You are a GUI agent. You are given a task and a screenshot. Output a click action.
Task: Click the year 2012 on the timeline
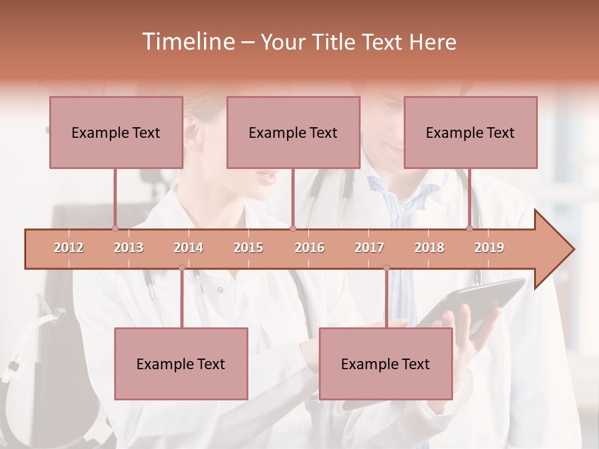pos(69,248)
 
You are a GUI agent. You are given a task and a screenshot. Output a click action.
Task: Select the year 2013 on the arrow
pos(129,248)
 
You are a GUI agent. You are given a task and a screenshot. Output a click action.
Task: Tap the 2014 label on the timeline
pos(188,248)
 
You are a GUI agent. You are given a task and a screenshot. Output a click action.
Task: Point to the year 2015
pos(248,248)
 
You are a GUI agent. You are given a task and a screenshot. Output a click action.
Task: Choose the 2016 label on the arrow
pos(309,248)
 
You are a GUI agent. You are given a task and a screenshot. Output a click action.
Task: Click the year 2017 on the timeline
pos(369,248)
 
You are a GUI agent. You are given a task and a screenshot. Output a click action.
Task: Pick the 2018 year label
pos(429,248)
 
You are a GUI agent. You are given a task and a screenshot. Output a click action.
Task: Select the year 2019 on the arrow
pos(489,248)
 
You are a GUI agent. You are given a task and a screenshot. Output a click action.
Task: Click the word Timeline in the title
pos(187,42)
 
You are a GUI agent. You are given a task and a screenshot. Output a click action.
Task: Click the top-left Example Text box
pos(116,132)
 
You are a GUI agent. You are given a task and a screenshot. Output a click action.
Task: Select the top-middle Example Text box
pos(293,132)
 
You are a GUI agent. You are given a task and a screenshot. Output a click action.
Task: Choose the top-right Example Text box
pos(470,132)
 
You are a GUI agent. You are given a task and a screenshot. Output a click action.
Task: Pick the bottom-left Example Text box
pos(181,364)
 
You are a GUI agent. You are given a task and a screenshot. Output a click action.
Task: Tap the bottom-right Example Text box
pos(386,364)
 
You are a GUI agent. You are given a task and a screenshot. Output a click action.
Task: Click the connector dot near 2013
pos(115,228)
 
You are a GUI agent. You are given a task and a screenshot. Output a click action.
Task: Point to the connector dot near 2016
pos(293,228)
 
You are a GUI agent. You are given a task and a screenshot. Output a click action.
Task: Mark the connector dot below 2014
pos(182,268)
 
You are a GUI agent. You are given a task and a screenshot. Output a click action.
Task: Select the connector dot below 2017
pos(386,268)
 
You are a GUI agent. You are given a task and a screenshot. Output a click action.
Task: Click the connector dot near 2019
pos(470,228)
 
